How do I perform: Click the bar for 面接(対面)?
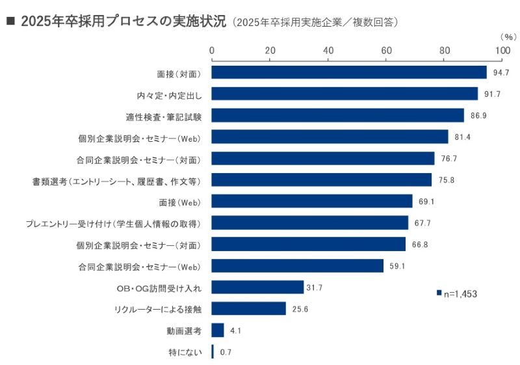pos(349,72)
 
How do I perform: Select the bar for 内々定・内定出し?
pos(344,94)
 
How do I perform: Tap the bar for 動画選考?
pos(218,331)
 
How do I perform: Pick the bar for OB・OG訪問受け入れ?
pos(257,288)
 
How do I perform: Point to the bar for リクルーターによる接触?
pos(249,309)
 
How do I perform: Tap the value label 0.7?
pos(226,352)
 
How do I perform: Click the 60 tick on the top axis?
pos(386,50)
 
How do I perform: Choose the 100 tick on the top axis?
pos(502,50)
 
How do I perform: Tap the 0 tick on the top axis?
pos(212,50)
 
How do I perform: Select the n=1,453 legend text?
pos(461,294)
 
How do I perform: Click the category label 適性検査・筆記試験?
pos(164,115)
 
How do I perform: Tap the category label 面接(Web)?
pos(179,202)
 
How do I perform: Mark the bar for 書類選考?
pos(322,180)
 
